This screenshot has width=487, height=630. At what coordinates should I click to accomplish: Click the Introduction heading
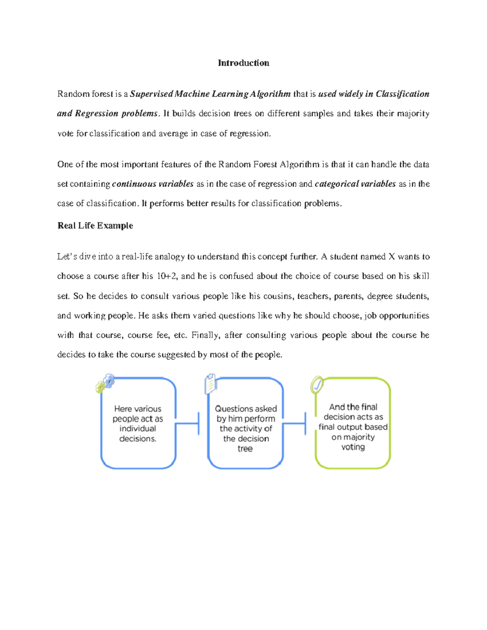243,63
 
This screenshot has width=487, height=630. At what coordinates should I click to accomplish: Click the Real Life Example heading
95,226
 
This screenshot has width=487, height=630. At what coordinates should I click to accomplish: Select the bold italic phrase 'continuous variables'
153,184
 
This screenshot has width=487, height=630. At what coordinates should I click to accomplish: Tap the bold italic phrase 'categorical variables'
355,184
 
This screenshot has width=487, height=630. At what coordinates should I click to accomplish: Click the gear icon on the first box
106,383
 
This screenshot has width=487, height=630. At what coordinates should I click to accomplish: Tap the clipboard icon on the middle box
211,384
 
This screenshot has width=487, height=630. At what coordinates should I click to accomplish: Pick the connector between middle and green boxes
294,424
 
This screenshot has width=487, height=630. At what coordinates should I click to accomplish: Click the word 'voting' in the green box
353,447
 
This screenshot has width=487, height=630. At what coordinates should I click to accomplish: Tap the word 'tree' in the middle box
245,449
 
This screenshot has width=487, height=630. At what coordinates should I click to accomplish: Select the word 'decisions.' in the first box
138,439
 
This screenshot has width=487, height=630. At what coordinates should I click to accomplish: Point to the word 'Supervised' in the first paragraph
151,94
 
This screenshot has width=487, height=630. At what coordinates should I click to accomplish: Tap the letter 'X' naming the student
391,257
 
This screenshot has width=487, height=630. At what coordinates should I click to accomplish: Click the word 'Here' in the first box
123,409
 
